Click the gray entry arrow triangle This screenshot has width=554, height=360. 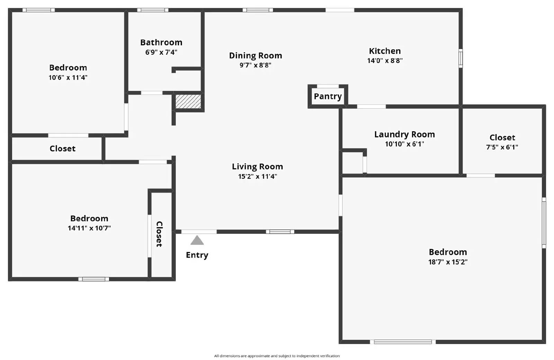coord(197,240)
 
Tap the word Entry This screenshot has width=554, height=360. coord(197,255)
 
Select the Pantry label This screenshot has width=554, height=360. coord(328,96)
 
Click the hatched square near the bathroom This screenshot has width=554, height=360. coord(188,101)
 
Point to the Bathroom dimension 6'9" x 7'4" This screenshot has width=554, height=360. coord(161,52)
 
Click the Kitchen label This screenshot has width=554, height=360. coord(385,51)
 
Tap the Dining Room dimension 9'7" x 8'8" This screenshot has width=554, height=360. coord(256,65)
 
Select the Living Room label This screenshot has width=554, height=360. coord(257,166)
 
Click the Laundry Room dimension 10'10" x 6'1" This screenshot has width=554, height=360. coord(404,144)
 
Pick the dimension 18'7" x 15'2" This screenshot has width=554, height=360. coord(448,262)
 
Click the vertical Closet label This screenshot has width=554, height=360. coord(159,234)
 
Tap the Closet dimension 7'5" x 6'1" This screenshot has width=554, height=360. coord(502,147)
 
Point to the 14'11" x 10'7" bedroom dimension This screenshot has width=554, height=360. coord(89,228)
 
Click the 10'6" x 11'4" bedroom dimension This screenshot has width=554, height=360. coord(68,78)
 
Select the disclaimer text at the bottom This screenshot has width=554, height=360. coord(277,356)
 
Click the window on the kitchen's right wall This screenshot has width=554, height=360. coord(461,58)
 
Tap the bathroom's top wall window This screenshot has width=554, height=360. coord(153,10)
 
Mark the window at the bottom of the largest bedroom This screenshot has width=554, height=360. coord(403,342)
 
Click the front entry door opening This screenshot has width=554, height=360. coord(199,232)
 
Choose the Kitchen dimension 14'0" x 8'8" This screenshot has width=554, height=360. coord(385,61)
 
